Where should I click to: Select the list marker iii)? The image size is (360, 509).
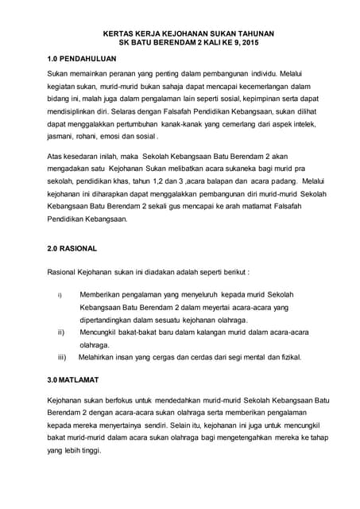click(x=61, y=357)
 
